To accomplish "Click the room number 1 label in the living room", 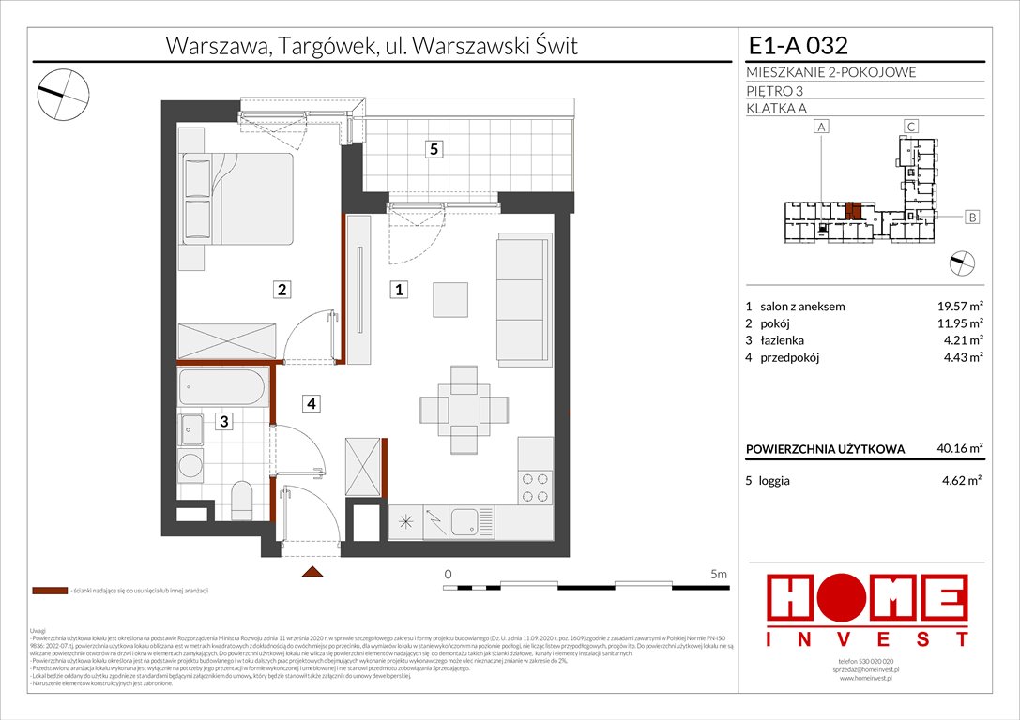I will click(x=399, y=291).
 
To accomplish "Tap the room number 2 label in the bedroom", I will click(x=282, y=290).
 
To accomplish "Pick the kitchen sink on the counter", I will click(x=464, y=520).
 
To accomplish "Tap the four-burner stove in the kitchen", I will click(x=536, y=486).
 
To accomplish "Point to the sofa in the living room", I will click(x=522, y=297).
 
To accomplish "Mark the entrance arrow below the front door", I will click(x=312, y=571).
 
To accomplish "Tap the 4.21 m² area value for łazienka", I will click(x=962, y=340).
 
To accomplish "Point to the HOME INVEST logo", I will click(x=868, y=609).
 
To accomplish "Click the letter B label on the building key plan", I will click(x=972, y=217).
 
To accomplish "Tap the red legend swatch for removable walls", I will click(x=49, y=592).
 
